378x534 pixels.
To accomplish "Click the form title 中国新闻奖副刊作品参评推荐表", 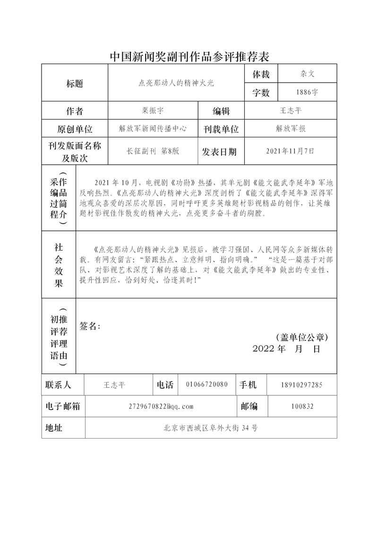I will [189, 57].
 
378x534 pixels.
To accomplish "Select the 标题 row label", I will [75, 84].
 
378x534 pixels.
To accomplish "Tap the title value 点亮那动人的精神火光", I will [176, 83].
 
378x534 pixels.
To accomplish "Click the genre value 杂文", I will [307, 74].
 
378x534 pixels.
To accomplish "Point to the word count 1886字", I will [307, 93].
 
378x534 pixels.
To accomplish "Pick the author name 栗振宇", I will [152, 111].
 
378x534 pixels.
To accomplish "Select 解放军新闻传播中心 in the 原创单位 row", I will [153, 128].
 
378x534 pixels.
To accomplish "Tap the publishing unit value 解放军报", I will [290, 128].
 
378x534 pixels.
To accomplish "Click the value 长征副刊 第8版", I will [153, 152].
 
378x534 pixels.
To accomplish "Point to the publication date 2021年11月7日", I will [290, 152].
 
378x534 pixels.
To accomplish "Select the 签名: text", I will [90, 326].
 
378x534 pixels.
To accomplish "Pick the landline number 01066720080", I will [207, 385].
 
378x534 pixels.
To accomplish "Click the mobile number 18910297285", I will [302, 385].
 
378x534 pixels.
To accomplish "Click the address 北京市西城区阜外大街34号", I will [210, 428].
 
